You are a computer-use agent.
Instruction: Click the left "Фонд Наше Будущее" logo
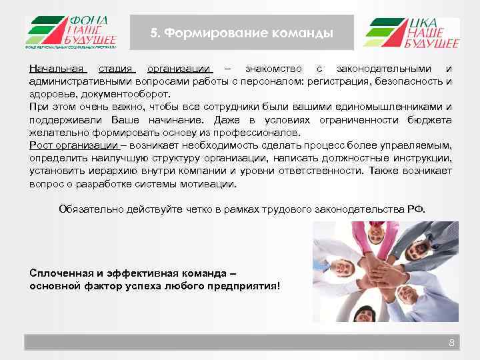click(71, 32)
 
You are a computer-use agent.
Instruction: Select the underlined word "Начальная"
click(57, 69)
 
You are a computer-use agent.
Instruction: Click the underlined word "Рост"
click(41, 145)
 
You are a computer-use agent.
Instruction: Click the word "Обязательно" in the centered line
click(89, 209)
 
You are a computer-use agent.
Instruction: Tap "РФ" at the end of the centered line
click(413, 209)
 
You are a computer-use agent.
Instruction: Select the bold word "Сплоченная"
click(61, 273)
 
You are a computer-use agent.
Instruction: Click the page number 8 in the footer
click(451, 343)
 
